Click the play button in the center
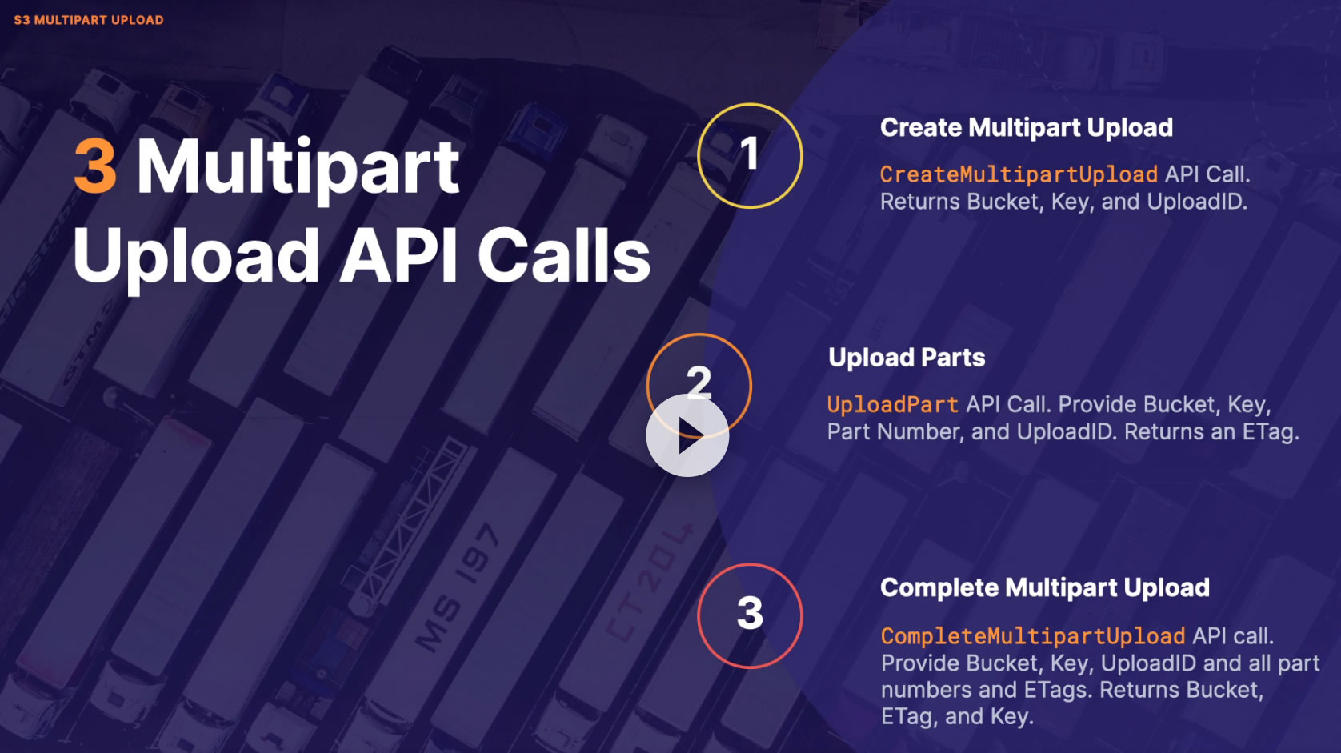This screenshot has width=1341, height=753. coord(687,435)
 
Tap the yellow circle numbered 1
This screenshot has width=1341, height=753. coord(750,155)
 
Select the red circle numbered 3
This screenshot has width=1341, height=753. coord(750,615)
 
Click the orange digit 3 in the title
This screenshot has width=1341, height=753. coord(95,166)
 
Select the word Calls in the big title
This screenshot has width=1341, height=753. coord(564,256)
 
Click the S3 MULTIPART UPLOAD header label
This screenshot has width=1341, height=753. coord(89,20)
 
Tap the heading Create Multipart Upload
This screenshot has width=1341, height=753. coord(1026,128)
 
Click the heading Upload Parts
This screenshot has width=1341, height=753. coord(907,358)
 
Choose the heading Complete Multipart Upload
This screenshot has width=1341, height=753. coord(1044,588)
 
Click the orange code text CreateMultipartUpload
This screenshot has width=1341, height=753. coord(1019,174)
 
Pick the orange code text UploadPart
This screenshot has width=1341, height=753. coord(892,405)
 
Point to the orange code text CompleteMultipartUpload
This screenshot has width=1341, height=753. coord(1032,636)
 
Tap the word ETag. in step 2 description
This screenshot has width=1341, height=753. coord(1270,432)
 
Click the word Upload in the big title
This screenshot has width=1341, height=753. coord(197,256)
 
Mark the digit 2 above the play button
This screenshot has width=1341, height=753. coord(699,381)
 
